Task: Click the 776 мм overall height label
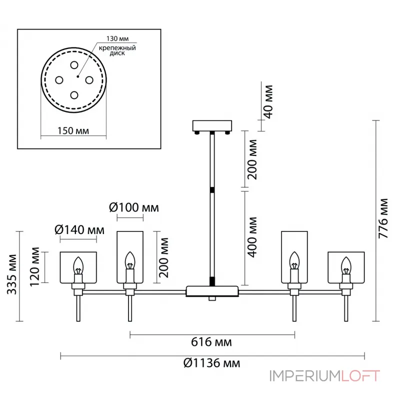tap(383, 218)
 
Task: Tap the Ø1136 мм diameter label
tap(211, 363)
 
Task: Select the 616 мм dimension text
tap(211, 342)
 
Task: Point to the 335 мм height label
tap(11, 274)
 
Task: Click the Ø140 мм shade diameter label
tap(79, 230)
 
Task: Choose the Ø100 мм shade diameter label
tap(134, 207)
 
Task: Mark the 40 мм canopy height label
tap(268, 102)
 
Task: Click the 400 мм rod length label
tap(252, 237)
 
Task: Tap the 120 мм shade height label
tap(35, 267)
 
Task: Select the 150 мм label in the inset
tap(73, 131)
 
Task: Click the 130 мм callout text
tap(117, 38)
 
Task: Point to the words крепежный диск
tap(117, 50)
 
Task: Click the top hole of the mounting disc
tap(74, 65)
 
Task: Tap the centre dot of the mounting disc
tap(78, 76)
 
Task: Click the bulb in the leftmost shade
tap(78, 265)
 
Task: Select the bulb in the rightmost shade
tap(346, 265)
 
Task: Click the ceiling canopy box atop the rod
tap(212, 126)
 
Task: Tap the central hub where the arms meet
tap(212, 291)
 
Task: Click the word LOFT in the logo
tap(360, 376)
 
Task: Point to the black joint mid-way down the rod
tap(212, 190)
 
